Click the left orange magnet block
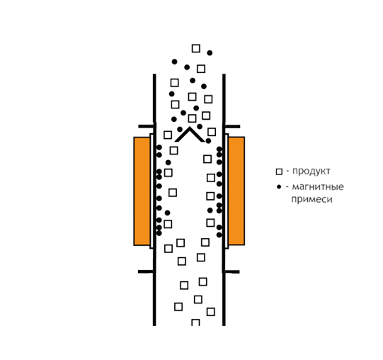(142, 191)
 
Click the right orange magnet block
(236, 191)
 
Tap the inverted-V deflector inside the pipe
(190, 135)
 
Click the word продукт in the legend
(311, 171)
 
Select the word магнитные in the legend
(318, 187)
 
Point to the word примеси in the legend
(312, 199)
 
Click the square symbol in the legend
(279, 171)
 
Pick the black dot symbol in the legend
(279, 187)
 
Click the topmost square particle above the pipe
(195, 48)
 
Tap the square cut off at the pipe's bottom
(195, 322)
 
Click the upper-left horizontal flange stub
(147, 126)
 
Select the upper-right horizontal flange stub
(232, 126)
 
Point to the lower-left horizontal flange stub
(146, 271)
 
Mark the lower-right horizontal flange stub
(231, 271)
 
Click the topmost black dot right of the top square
(210, 52)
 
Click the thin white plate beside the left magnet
(152, 191)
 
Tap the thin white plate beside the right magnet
(227, 191)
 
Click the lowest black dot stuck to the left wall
(159, 233)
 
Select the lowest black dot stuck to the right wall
(219, 235)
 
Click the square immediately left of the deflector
(168, 135)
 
